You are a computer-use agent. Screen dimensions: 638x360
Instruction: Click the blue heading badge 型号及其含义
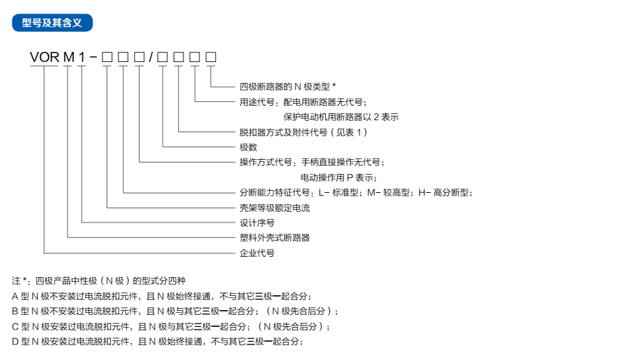52,23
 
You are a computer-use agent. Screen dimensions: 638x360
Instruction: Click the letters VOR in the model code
45,57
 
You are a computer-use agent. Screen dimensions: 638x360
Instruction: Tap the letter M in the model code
69,57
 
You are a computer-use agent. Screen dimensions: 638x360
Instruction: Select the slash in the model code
150,57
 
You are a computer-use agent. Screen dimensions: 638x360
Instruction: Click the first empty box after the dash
107,57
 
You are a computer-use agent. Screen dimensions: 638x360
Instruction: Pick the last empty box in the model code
211,57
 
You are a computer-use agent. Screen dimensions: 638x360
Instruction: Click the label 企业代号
257,253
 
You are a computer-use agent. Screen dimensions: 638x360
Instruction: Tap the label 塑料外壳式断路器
274,237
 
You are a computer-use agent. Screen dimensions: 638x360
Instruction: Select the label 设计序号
257,222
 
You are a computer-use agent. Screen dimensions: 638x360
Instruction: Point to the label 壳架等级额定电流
274,208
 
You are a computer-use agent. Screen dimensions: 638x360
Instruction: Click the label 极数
248,147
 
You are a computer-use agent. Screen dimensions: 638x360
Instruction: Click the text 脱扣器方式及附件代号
283,132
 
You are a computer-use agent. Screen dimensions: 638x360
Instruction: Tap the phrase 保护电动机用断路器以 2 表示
341,117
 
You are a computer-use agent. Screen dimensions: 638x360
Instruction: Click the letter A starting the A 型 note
15,296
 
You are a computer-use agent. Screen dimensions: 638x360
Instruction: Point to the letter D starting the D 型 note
15,341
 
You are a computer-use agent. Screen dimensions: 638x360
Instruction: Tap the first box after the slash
163,57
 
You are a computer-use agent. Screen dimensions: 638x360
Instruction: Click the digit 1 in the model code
82,57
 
